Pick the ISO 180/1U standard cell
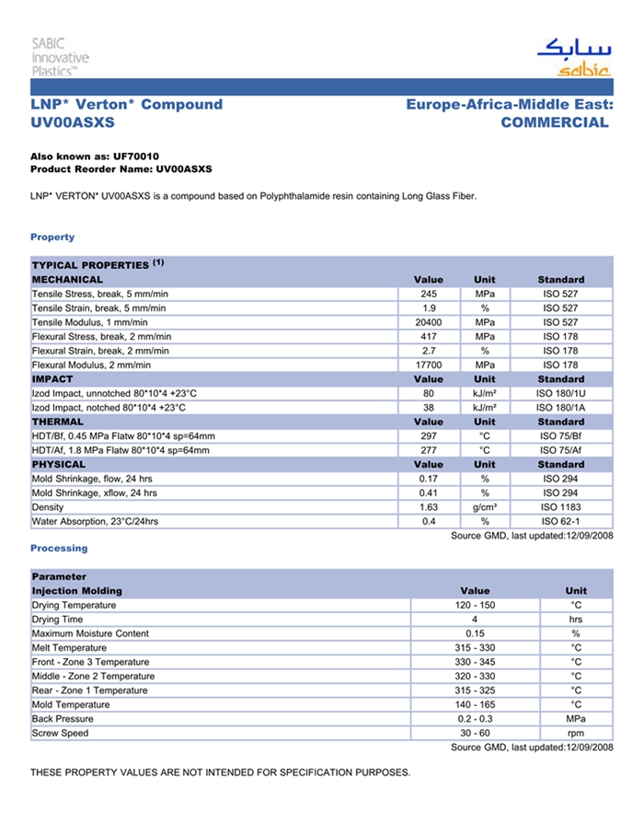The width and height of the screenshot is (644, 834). pos(560,393)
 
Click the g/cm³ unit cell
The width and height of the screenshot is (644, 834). pos(485,507)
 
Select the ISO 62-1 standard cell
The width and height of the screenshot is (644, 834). pos(560,522)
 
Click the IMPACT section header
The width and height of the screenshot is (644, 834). pos(52,379)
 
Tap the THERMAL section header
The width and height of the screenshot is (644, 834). pos(57,422)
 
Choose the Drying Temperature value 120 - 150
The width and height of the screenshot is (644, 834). pos(475,606)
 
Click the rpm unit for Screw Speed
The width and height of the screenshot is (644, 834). pos(576,734)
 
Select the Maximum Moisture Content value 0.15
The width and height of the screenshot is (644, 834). pos(475,634)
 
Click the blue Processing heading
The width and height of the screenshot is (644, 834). pos(59,549)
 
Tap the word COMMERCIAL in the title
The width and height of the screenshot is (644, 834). pos(554,122)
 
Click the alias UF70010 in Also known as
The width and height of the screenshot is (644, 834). pos(136,156)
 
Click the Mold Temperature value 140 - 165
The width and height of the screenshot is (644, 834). pos(475,705)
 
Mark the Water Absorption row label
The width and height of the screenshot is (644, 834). pos(95,522)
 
